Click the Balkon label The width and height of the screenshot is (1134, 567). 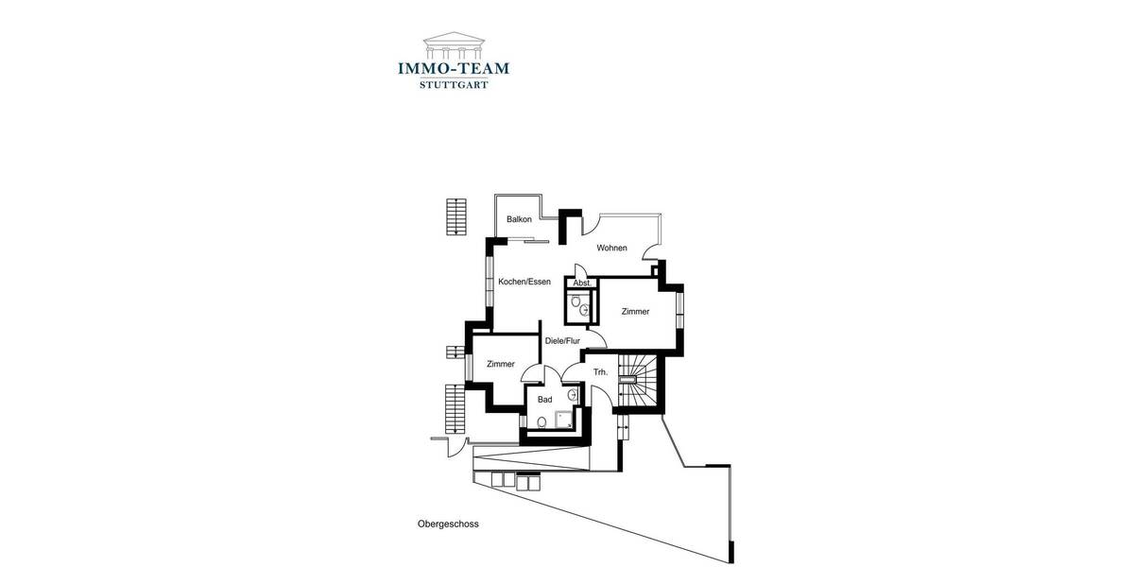pos(519,219)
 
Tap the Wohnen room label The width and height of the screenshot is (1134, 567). pos(611,249)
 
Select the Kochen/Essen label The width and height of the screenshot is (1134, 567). pos(524,282)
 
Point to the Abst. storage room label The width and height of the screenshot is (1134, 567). pos(582,283)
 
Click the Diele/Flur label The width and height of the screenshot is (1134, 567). pos(561,341)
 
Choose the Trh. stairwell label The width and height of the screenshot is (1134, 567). pos(600,373)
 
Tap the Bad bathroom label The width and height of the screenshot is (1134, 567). pos(544,400)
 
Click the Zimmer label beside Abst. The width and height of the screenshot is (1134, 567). pos(635,312)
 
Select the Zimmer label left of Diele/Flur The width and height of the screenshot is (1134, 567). pos(501,365)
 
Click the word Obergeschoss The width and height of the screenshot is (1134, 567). pos(448,524)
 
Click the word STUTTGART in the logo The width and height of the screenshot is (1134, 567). pos(454,84)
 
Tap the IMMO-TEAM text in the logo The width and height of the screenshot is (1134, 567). pos(454,68)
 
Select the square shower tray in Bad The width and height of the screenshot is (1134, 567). pos(566,419)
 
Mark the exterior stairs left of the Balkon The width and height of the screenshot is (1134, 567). pos(456,215)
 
